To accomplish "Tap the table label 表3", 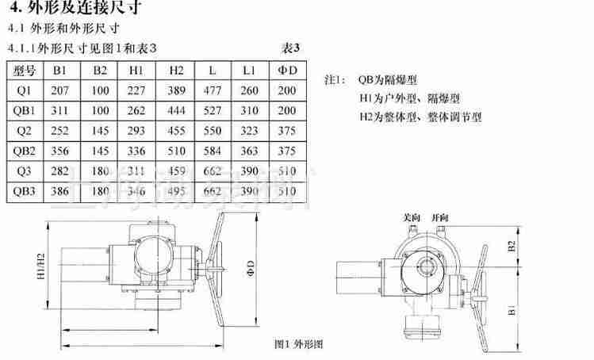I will coord(290,48).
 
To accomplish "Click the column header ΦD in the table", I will coord(287,70).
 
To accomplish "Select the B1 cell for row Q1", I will coord(60,90).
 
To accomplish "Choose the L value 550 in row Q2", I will coord(213,130).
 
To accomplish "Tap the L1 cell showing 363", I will coord(249,151).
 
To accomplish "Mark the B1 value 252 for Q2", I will coord(60,130).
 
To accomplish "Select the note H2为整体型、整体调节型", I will coord(420,117).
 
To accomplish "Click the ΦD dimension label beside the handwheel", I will coord(248,263).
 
